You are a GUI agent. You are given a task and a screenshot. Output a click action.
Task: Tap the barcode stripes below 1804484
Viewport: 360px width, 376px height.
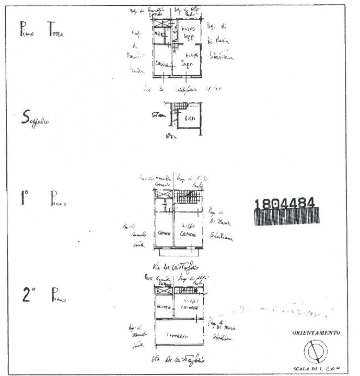(286, 217)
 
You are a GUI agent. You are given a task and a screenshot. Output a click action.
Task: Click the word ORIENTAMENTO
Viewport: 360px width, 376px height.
(317, 332)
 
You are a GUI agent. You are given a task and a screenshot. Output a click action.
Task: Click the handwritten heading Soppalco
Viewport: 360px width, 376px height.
(36, 120)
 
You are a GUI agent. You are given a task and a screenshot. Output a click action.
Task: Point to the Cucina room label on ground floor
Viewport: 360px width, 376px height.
(162, 64)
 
